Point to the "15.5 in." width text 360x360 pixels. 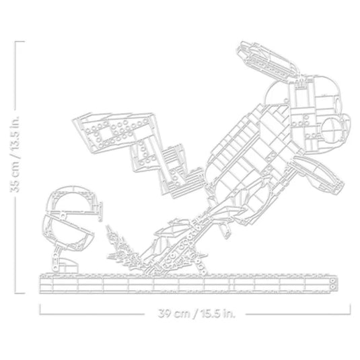(217, 313)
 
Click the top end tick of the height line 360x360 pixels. (20, 42)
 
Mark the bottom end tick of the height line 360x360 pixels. (20, 293)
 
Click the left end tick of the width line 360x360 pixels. (40, 309)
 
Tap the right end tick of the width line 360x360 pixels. (351, 309)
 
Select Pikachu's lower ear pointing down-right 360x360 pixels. (319, 174)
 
